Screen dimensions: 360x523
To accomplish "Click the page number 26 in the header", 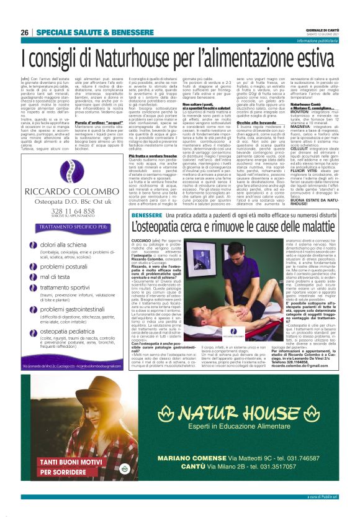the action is click(x=25, y=32).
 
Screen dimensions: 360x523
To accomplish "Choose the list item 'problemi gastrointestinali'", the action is click(x=78, y=309).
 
